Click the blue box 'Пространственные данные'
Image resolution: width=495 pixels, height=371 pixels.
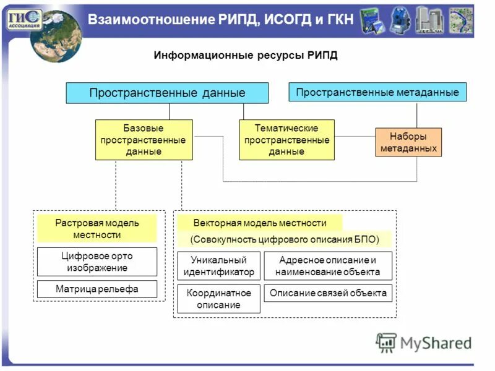167,93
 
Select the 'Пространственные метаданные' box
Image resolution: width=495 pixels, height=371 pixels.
377,92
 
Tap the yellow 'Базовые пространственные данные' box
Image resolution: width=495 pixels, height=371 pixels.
144,140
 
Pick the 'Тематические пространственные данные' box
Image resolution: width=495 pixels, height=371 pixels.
286,140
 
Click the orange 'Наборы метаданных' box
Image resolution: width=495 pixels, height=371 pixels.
408,142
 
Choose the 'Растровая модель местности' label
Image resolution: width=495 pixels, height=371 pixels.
97,229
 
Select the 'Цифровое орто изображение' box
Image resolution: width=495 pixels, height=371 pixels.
97,262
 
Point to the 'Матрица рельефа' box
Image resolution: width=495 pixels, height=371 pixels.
97,289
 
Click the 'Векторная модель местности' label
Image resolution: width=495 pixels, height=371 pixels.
259,223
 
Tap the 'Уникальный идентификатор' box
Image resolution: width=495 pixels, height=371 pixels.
218,266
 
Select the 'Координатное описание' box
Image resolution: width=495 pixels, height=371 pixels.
218,299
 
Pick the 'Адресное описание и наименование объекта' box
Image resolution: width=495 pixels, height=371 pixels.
328,266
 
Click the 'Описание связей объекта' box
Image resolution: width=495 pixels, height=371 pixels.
328,293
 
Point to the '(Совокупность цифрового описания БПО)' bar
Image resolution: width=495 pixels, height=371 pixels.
285,239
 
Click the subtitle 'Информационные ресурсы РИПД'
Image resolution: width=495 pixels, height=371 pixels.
246,56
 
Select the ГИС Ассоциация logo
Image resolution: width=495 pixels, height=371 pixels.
24,19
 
